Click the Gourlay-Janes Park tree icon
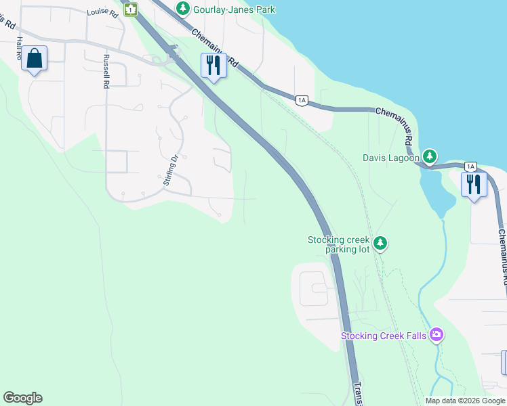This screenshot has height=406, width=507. click(x=182, y=9)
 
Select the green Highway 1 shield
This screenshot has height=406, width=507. click(x=131, y=9)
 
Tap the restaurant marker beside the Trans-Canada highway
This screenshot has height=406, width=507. click(x=214, y=66)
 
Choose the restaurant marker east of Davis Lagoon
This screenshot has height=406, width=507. click(x=474, y=184)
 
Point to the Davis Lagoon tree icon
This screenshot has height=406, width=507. click(x=430, y=158)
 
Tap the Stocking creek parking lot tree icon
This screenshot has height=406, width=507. click(x=380, y=243)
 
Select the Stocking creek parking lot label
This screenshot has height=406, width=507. click(x=339, y=244)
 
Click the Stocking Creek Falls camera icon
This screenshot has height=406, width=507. click(x=437, y=335)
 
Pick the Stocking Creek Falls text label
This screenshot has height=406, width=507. click(x=384, y=336)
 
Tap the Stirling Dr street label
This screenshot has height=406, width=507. click(x=170, y=170)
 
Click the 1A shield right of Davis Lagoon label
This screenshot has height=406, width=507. click(x=470, y=166)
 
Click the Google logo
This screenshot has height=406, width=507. click(x=22, y=398)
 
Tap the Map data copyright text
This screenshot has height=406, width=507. click(x=466, y=401)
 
